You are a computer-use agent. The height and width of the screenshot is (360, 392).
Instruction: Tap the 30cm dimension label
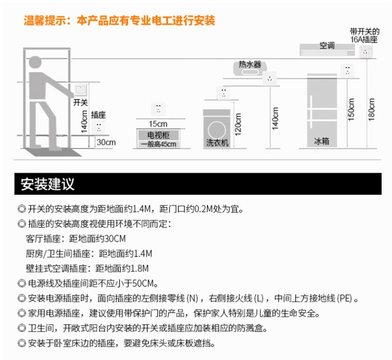(106, 142)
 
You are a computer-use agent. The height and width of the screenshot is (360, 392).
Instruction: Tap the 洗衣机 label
(217, 143)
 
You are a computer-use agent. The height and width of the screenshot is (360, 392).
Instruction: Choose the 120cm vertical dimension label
(238, 125)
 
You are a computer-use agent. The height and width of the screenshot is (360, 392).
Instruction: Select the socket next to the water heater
(270, 78)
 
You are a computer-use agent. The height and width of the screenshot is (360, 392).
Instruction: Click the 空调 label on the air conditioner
(327, 46)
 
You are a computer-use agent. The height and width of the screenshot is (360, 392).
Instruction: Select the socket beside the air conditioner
(366, 51)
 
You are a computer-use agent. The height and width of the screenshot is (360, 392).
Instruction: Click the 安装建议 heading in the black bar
(48, 184)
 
